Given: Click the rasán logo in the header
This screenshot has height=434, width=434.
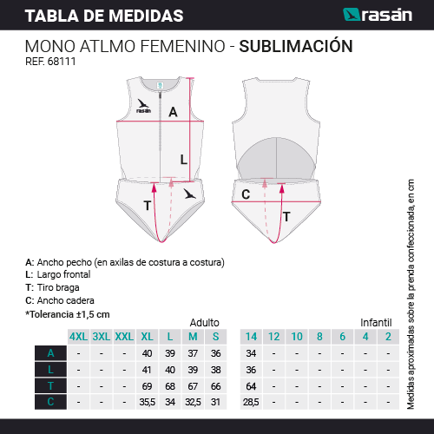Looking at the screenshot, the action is tap(378, 15).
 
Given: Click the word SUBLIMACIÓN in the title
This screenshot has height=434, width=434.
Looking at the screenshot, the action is tap(296, 45).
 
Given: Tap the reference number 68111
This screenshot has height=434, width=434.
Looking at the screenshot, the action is tap(62, 62).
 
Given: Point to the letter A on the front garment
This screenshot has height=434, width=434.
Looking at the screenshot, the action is tap(173, 112).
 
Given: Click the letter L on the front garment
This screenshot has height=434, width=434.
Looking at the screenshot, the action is tap(184, 160).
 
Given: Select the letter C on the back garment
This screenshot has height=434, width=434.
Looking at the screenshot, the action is tap(246, 194).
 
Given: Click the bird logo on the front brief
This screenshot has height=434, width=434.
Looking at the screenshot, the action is tap(190, 194).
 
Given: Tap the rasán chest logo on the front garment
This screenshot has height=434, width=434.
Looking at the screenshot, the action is tap(143, 106).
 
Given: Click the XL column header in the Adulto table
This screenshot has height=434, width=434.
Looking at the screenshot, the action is tap(147, 337).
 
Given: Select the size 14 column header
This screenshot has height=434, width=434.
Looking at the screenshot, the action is tap(251, 337).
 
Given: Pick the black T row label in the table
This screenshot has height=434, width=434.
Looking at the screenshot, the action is tap(50, 386).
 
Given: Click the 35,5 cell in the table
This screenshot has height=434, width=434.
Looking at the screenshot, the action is tap(148, 402).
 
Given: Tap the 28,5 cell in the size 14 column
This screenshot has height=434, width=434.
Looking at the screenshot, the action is tap(251, 402).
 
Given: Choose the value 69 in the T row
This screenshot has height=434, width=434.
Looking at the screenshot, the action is tap(147, 386).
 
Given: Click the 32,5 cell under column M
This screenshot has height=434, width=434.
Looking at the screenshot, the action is tap(193, 402).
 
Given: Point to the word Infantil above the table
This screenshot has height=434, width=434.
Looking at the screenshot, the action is tap(376, 323).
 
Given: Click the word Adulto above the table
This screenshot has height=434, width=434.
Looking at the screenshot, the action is tap(205, 323).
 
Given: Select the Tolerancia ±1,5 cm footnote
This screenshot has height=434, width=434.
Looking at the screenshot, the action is tap(68, 314).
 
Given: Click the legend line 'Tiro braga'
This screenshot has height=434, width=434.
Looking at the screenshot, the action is tap(52, 287).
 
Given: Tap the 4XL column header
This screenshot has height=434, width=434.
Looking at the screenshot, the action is tap(79, 337).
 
